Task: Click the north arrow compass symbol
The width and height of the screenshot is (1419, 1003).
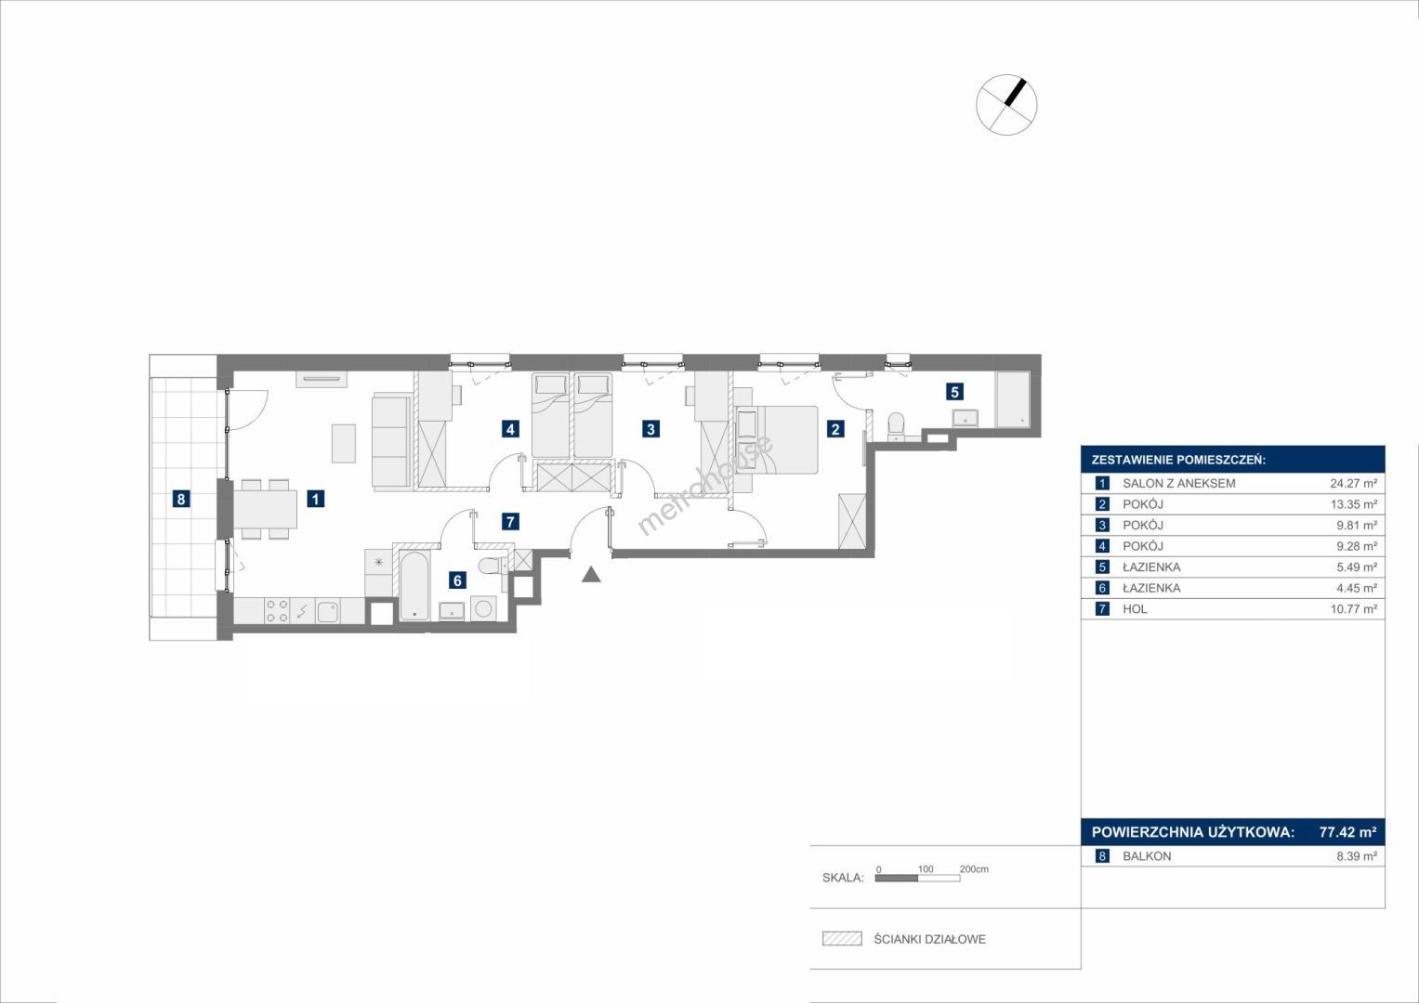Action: pos(1006,104)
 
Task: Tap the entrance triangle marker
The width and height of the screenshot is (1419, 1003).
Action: pos(591,574)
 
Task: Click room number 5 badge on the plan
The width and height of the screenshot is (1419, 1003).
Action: pos(954,392)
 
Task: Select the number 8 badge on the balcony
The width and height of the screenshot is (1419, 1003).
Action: pos(181,499)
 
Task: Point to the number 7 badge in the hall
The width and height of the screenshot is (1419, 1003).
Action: pos(510,521)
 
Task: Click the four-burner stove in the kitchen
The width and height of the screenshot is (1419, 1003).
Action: pos(278,610)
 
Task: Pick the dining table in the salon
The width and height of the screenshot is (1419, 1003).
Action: pos(266,509)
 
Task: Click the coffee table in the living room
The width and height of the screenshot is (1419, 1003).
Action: pos(343,443)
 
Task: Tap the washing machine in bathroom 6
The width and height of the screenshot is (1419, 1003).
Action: pos(484,609)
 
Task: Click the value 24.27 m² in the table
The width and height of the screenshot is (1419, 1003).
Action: pos(1353,483)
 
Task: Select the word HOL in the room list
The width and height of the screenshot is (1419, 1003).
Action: pos(1135,609)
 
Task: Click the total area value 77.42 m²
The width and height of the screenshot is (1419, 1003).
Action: pos(1348,831)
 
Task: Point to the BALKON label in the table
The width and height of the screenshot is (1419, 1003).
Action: pos(1147,856)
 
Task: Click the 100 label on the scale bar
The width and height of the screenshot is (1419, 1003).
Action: pos(926,868)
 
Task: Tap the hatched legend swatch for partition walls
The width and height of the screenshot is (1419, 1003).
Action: pos(842,938)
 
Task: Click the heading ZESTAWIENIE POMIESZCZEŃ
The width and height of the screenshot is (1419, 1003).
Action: pos(1178,461)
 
